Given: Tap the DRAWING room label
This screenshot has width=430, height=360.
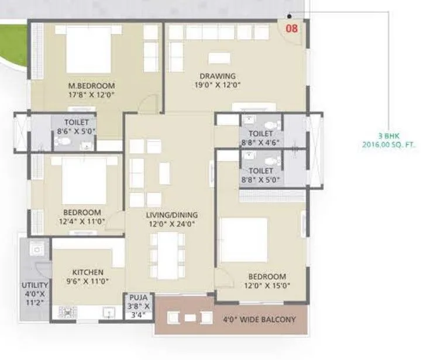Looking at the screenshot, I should [x=217, y=76].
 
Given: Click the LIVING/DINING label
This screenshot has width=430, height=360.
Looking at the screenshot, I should [x=171, y=214].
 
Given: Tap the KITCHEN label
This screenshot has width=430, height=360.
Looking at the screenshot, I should [x=88, y=272].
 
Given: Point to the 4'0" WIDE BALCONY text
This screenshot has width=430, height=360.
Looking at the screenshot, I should [x=259, y=320].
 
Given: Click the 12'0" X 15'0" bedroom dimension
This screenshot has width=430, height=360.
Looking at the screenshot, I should [x=267, y=286].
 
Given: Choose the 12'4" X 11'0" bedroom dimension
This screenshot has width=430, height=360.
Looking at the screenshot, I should [x=81, y=221].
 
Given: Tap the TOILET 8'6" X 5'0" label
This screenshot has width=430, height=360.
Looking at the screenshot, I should [x=77, y=126].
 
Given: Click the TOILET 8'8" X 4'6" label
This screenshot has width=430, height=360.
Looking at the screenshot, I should [x=260, y=137].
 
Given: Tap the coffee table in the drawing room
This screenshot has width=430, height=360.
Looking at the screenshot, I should [x=218, y=58].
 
